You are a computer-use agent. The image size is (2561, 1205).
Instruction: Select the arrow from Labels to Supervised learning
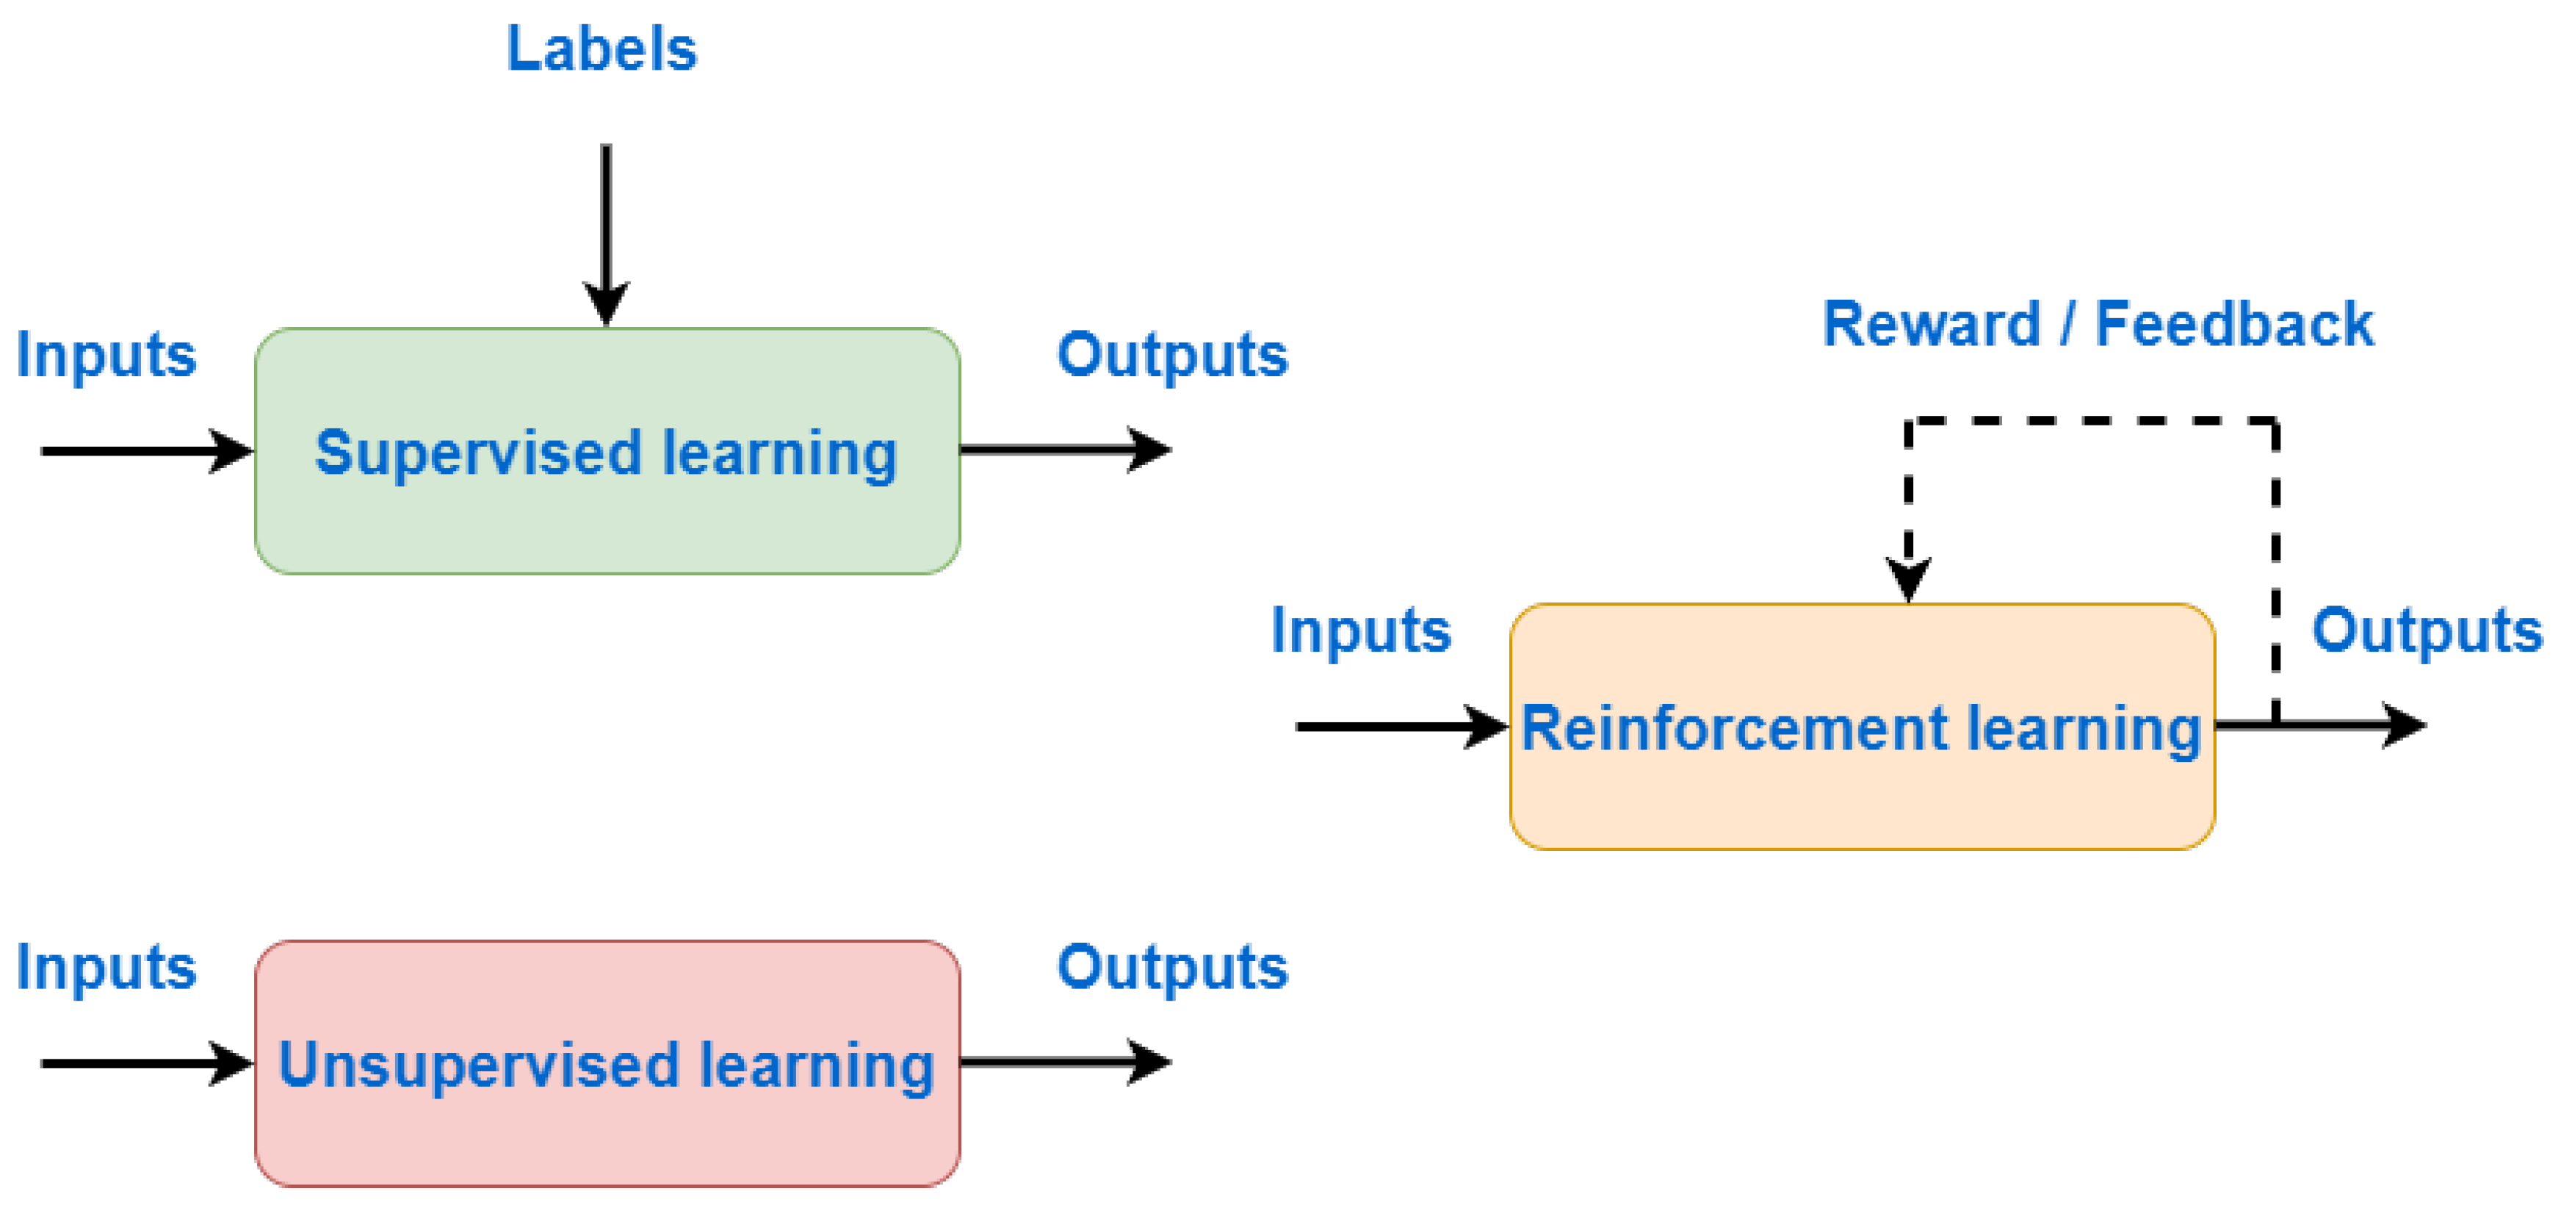tap(605, 229)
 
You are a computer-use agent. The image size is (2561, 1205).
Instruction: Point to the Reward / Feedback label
tap(2098, 324)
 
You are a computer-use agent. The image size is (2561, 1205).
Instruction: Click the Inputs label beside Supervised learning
tap(106, 355)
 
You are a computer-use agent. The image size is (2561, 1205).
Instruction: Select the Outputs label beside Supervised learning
tap(1172, 355)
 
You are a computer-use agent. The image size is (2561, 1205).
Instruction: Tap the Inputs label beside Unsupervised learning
tap(106, 968)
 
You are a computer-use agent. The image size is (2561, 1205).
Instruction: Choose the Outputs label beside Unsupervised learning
tap(1172, 968)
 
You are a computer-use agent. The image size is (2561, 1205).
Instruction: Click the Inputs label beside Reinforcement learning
tap(1361, 630)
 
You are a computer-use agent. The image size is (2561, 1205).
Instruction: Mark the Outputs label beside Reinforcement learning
tap(2427, 630)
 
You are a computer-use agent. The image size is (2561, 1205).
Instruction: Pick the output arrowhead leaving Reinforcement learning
tap(2403, 724)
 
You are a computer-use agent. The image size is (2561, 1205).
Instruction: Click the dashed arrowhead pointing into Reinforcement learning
tap(1909, 578)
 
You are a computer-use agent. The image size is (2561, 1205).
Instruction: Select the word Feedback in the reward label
tap(2234, 324)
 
